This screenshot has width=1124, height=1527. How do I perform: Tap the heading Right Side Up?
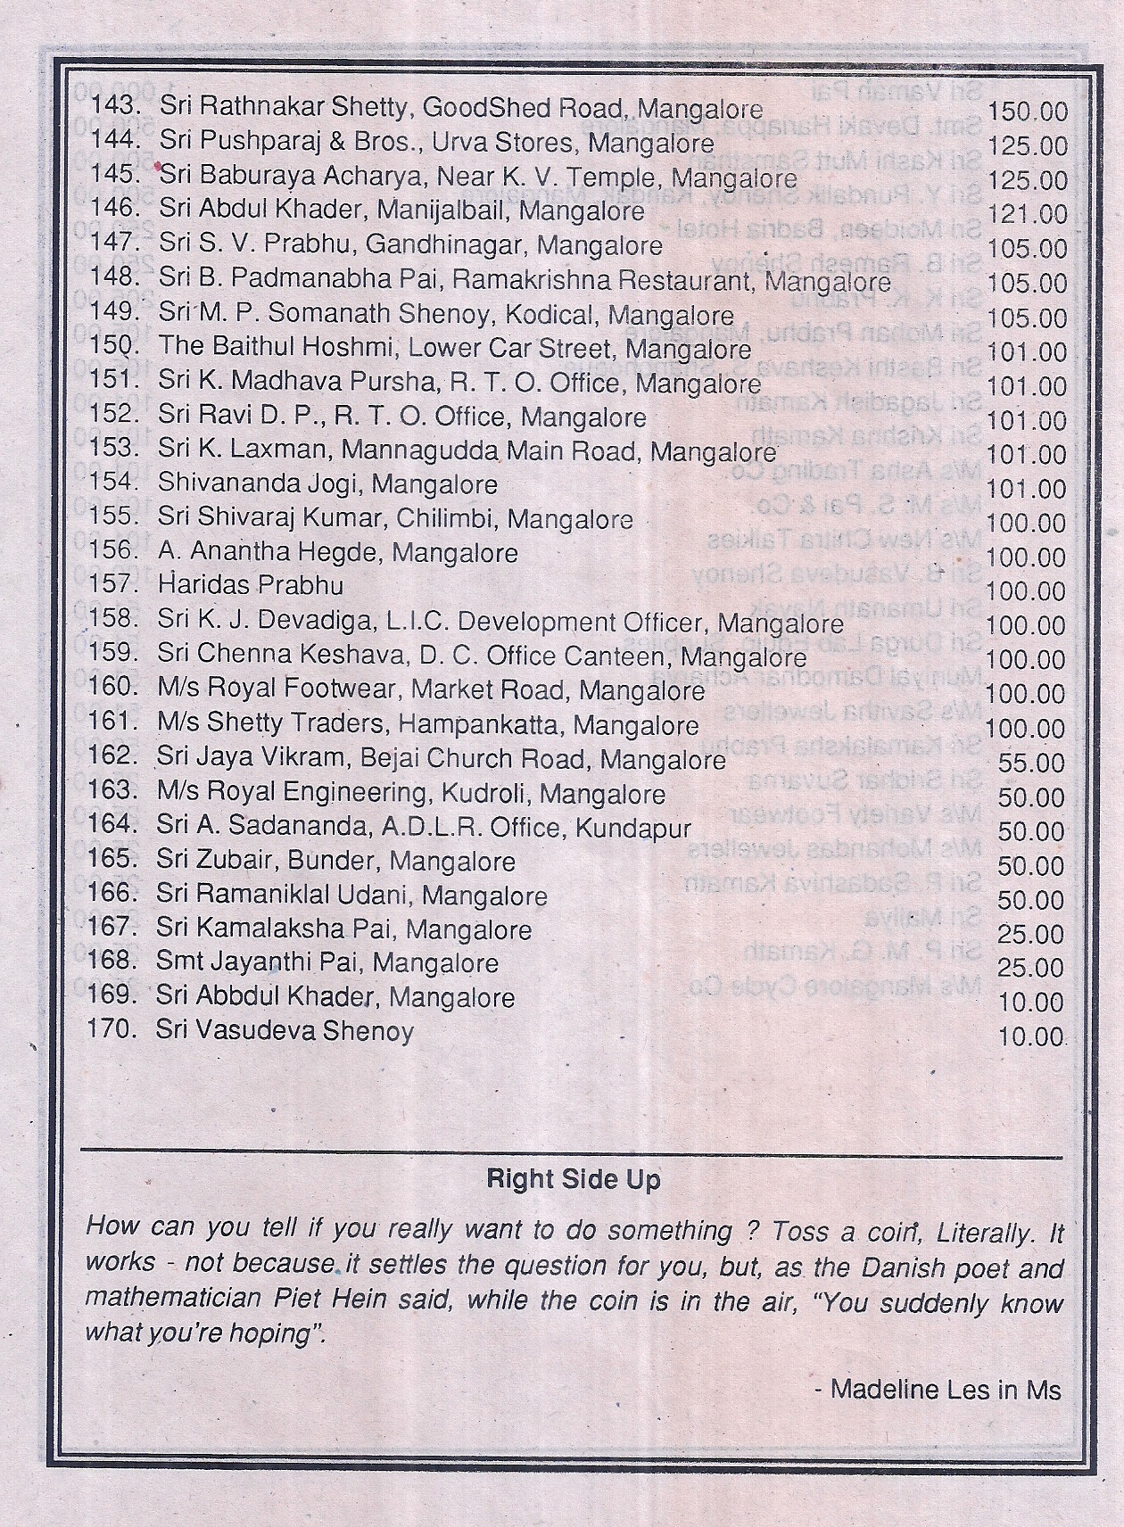574,1180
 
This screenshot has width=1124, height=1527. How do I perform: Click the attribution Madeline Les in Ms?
938,1390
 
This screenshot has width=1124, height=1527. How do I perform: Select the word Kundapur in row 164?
633,828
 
